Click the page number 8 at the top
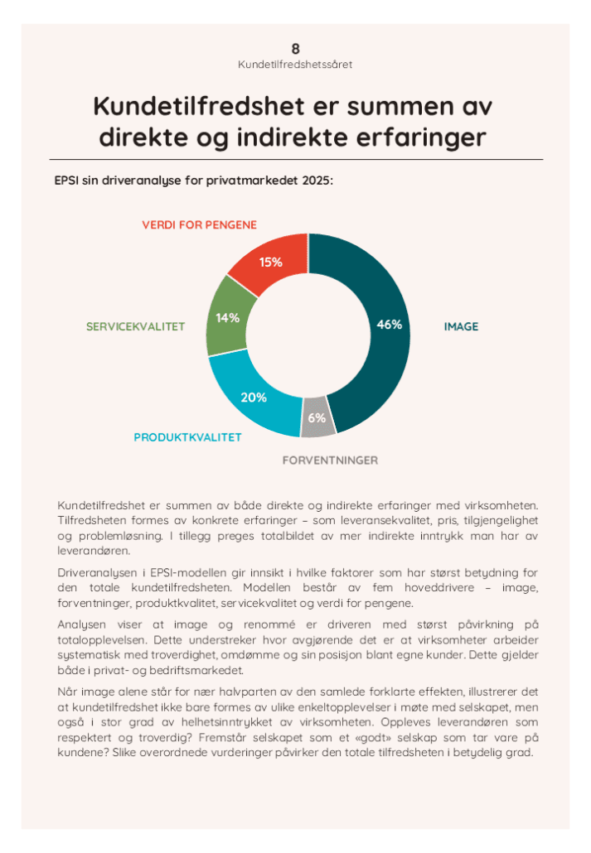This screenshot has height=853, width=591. tap(295, 49)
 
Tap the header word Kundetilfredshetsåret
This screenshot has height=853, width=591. tap(295, 64)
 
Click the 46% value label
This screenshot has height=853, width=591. tap(389, 325)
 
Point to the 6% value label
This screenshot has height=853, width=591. tap(317, 418)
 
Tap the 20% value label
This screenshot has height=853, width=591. tap(253, 398)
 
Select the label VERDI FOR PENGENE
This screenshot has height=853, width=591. tap(199, 224)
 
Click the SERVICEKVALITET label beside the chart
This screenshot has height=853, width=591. tap(135, 327)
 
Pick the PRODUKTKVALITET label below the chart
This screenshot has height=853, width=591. tap(188, 437)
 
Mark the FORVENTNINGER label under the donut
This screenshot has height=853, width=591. tap(331, 460)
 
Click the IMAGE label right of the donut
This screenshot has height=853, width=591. tap(461, 327)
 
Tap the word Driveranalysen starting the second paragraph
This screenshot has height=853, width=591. tap(96, 572)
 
